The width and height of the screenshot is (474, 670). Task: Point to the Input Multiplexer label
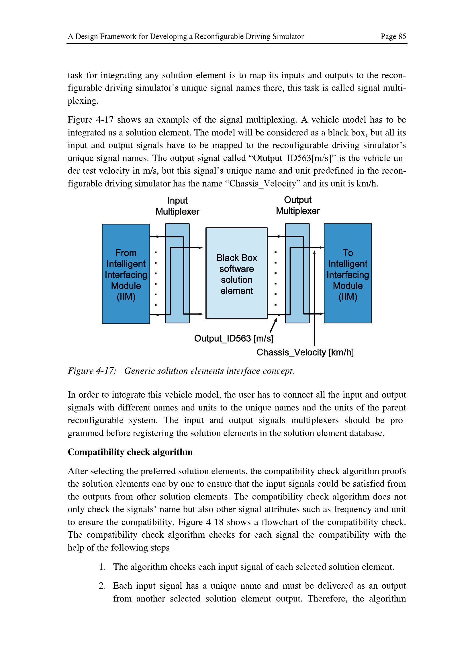click(x=177, y=206)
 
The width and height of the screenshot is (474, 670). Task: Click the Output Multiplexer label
click(x=298, y=205)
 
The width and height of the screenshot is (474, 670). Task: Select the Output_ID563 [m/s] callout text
click(x=234, y=339)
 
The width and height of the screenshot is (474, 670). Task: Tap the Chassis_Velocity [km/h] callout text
click(x=305, y=353)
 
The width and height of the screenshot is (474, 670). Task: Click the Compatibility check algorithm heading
click(x=130, y=452)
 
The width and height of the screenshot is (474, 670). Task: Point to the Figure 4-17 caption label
click(x=92, y=371)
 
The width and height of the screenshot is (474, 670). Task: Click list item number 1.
click(x=102, y=567)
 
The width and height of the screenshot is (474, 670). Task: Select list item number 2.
click(x=102, y=586)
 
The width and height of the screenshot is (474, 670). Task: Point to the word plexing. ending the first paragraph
click(x=83, y=101)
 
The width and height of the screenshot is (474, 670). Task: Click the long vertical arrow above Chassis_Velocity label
click(x=314, y=298)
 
